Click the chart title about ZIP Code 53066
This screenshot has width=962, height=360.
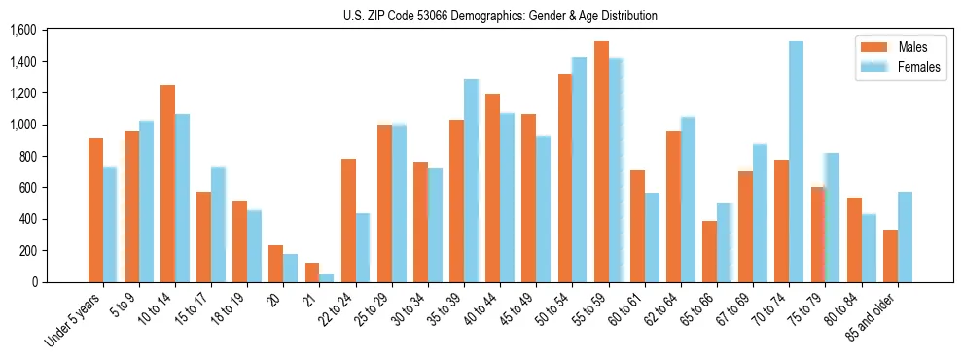click(x=500, y=16)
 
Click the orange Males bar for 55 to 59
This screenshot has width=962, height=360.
click(x=601, y=162)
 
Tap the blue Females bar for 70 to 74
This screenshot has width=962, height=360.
click(x=796, y=162)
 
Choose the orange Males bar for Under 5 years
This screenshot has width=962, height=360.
click(x=95, y=210)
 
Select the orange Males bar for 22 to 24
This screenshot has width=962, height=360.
click(x=348, y=220)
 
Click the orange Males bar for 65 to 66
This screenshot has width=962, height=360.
click(x=709, y=251)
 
